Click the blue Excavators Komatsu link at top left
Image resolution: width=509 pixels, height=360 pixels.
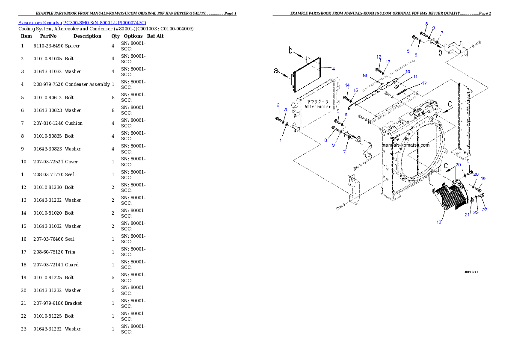(82, 23)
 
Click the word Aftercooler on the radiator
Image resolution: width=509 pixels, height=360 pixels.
(317, 106)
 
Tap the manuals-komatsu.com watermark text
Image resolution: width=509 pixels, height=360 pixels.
(405, 145)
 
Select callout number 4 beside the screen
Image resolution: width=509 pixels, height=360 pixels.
(333, 69)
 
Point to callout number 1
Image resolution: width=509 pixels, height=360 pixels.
(281, 140)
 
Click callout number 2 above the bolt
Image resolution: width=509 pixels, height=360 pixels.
(278, 105)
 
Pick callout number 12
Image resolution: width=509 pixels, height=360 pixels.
(379, 57)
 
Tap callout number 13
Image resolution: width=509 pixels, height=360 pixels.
(388, 62)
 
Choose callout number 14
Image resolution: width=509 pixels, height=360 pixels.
(347, 86)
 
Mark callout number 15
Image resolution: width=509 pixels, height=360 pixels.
(355, 90)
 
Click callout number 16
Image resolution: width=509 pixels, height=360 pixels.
(365, 75)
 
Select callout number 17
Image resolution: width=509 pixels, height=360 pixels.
(424, 83)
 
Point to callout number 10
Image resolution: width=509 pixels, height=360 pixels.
(408, 71)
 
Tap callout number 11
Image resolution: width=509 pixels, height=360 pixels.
(414, 77)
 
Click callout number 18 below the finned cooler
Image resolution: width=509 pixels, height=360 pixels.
(438, 222)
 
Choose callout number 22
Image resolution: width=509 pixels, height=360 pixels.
(485, 210)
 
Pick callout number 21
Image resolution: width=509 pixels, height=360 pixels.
(467, 215)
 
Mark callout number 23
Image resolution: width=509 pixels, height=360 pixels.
(476, 212)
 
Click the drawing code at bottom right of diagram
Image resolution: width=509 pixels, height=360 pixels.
(471, 271)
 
